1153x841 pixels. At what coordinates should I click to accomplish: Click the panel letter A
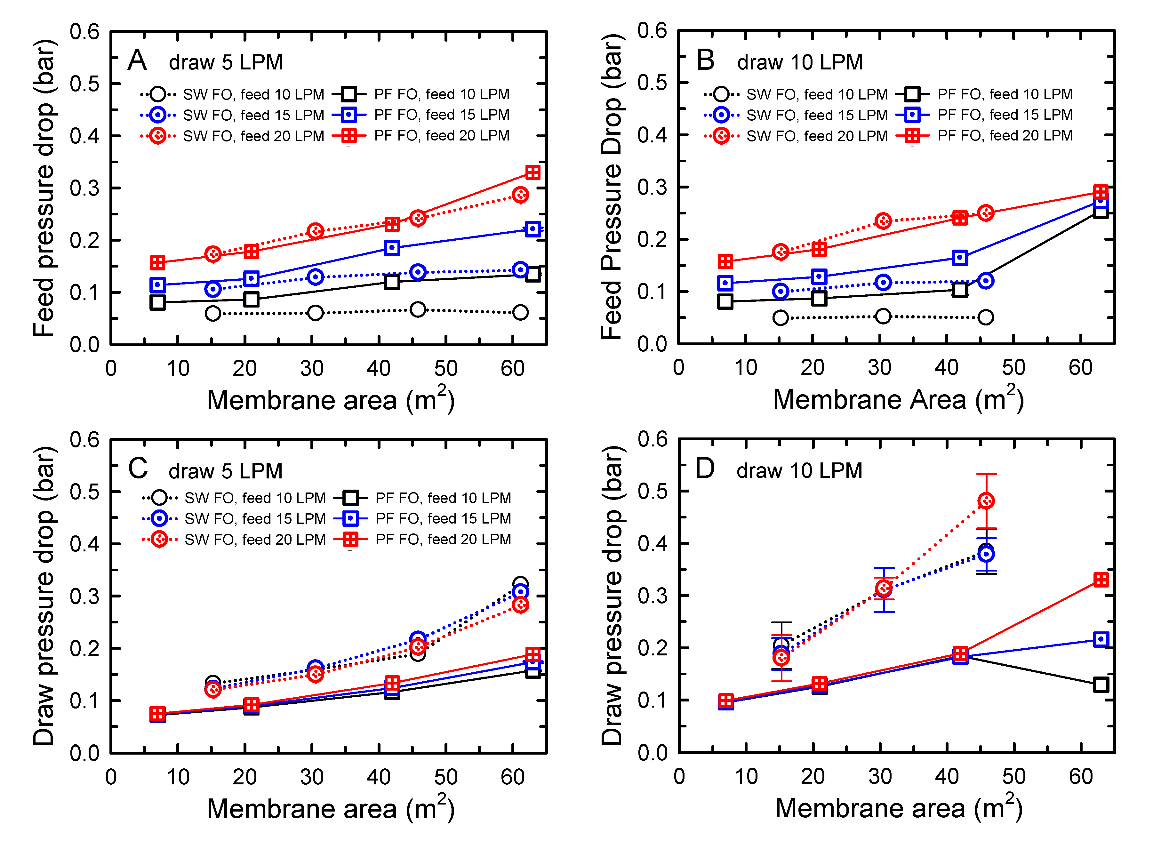[x=137, y=60]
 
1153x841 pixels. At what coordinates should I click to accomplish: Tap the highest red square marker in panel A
[x=532, y=172]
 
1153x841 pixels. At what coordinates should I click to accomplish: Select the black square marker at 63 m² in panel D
[x=1101, y=685]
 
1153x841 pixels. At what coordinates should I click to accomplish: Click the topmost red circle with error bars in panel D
[x=986, y=501]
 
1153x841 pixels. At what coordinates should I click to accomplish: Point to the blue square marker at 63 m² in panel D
[x=1101, y=639]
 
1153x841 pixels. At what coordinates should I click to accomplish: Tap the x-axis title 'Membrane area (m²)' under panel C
[x=330, y=808]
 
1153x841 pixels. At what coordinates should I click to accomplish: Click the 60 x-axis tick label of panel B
[x=1080, y=368]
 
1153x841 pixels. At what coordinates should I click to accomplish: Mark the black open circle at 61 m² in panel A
[x=520, y=313]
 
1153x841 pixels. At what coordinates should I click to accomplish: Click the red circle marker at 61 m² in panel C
[x=520, y=605]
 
